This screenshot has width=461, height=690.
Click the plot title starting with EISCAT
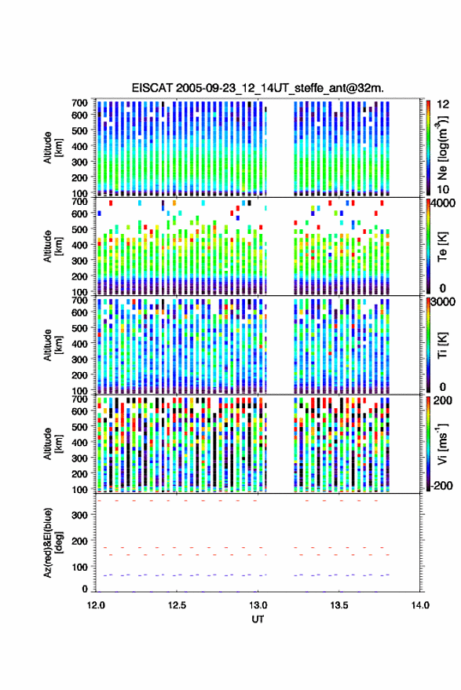[x=258, y=88]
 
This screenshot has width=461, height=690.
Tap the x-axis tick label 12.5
[x=177, y=605]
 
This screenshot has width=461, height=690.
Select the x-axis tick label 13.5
[x=338, y=605]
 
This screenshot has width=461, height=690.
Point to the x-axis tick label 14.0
[x=420, y=605]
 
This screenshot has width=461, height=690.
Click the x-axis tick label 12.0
[x=96, y=605]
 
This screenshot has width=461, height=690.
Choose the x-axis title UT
[x=258, y=619]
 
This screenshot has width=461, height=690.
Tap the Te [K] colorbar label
[x=442, y=246]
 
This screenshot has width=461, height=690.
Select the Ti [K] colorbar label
[x=442, y=345]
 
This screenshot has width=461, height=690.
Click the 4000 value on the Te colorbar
[x=444, y=203]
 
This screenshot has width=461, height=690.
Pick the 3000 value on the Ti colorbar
[x=444, y=302]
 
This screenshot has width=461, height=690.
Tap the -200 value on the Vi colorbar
[x=441, y=486]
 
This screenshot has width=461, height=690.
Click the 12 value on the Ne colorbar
[x=444, y=104]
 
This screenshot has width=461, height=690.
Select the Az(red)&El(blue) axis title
[x=52, y=543]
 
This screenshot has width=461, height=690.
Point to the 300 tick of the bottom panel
[x=79, y=515]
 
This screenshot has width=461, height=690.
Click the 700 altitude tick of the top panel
[x=79, y=103]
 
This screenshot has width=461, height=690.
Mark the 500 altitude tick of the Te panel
[x=79, y=229]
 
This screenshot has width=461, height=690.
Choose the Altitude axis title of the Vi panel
[x=52, y=444]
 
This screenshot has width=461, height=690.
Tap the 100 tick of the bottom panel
[x=79, y=568]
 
